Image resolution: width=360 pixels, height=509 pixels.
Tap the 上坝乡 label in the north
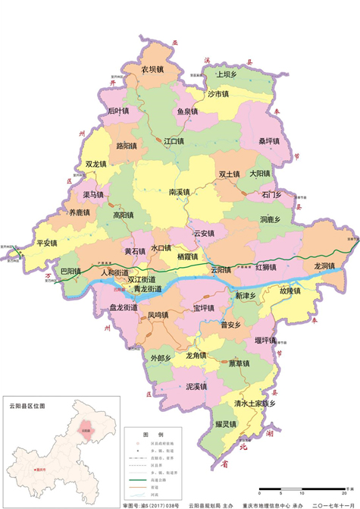(227, 74)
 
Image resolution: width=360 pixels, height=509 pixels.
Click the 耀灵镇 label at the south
(227, 422)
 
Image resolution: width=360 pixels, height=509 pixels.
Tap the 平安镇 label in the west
(47, 243)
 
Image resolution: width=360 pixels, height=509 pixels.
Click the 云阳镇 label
(221, 269)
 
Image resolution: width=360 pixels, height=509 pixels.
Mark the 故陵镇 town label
(290, 291)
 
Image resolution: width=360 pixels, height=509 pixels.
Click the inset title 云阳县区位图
(26, 406)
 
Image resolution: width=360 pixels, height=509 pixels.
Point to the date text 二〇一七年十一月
(327, 504)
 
